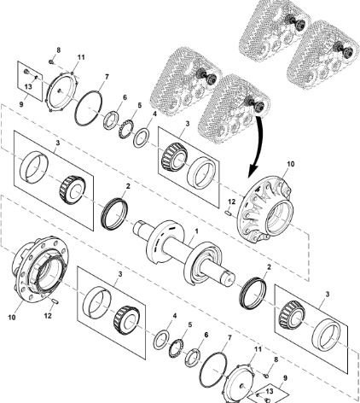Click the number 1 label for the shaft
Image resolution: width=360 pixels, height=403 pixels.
[x=196, y=231]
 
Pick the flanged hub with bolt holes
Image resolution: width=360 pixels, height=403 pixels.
[x=40, y=267]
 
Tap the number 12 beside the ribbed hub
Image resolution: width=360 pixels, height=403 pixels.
[x=231, y=201]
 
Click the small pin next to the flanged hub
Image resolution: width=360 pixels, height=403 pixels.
[x=55, y=301]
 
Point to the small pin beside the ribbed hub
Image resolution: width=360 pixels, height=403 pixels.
[x=229, y=213]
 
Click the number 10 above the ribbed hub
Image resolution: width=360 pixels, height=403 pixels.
[x=290, y=164]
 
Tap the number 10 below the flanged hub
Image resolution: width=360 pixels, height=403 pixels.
[x=12, y=317]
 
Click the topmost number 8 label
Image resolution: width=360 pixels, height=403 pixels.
[x=58, y=50]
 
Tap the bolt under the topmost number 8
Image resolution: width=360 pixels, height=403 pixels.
[x=51, y=61]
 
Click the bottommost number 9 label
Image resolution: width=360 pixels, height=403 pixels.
[x=285, y=378]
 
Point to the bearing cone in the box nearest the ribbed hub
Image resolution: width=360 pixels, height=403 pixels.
[x=174, y=156]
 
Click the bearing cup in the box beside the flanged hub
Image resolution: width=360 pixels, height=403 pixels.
[x=96, y=301]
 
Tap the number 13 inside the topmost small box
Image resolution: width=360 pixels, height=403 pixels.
[x=28, y=86]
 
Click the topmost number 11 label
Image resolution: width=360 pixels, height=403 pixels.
[x=81, y=57]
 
